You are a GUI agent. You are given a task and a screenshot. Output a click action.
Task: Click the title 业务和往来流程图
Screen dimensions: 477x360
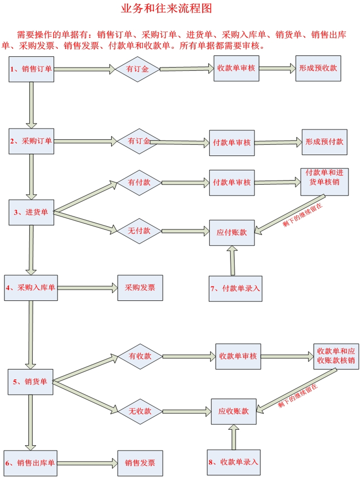tap(166, 9)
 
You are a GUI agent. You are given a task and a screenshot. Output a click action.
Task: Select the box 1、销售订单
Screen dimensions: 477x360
tap(31, 69)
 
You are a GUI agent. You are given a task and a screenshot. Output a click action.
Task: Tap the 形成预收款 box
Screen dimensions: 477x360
tap(318, 68)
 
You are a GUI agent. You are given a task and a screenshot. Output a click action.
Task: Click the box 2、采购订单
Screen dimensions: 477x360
tap(31, 141)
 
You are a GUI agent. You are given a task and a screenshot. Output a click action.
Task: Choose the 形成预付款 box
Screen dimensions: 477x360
tap(324, 142)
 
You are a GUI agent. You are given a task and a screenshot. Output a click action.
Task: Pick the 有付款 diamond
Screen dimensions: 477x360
tap(139, 183)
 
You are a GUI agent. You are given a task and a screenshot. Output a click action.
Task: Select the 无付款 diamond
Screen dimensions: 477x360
tap(139, 231)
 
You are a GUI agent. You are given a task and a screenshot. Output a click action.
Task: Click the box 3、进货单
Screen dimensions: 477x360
tap(31, 212)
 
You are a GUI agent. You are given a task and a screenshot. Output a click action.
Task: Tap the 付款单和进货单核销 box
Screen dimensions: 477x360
tap(324, 182)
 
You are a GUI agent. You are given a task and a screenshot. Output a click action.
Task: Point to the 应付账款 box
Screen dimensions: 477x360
tap(232, 233)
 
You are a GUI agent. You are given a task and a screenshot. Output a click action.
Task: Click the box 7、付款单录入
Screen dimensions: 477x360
tap(235, 289)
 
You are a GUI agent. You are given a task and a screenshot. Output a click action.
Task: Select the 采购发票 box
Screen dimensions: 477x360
tap(140, 288)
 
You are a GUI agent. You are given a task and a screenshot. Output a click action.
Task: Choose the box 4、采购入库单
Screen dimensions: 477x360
tap(31, 288)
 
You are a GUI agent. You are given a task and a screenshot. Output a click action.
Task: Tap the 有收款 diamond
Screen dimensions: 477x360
tap(140, 356)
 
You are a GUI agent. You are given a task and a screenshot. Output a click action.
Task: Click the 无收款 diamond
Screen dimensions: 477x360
tap(140, 411)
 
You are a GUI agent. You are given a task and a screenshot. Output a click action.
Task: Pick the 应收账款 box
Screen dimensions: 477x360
tap(234, 412)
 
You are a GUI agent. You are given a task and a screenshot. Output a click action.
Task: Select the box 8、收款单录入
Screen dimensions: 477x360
tap(234, 462)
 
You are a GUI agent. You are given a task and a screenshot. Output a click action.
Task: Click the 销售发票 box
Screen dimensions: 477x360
tap(140, 463)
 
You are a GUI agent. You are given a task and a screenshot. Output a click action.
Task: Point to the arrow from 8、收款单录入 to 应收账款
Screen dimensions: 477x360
tap(234, 437)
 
